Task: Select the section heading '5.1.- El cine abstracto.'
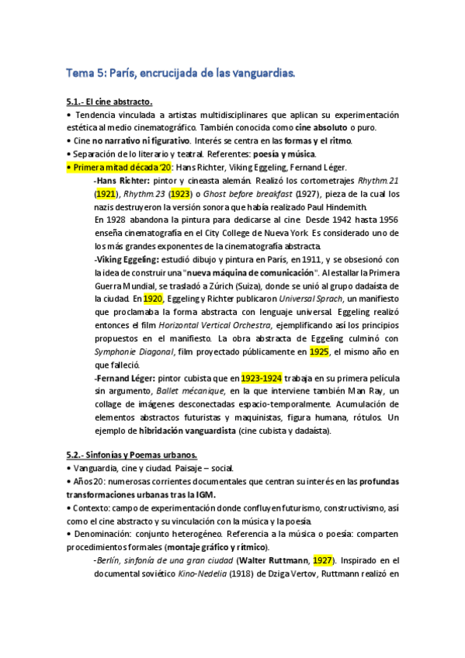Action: click(109, 101)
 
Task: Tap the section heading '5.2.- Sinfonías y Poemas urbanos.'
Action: click(132, 454)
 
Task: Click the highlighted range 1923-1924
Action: click(261, 378)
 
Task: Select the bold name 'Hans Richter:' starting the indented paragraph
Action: click(120, 180)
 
